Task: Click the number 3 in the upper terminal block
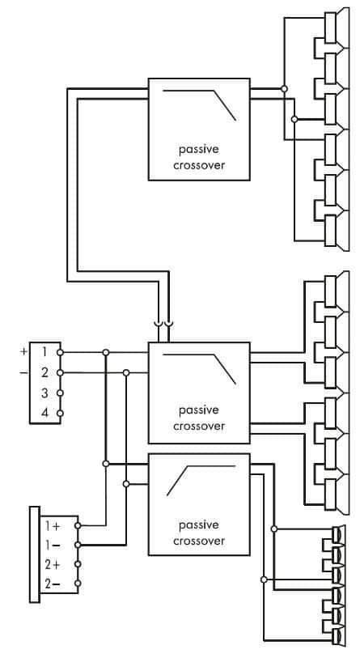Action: pos(44,393)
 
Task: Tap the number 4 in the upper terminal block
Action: pos(44,414)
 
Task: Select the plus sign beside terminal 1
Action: pos(23,352)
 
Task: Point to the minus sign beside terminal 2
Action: pos(23,372)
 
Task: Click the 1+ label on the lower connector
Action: pos(53,526)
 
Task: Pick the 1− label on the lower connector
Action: pos(53,546)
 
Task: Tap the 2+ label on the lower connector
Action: pos(53,564)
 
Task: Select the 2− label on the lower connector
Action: pos(53,584)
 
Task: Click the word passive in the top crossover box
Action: pos(199,150)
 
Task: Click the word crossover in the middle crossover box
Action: pos(199,427)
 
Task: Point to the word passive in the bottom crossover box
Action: pos(199,525)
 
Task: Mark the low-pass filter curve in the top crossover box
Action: pos(199,105)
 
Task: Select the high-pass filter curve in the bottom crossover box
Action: pos(201,481)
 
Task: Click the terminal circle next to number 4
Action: pos(60,414)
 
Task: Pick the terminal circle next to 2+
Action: pos(78,564)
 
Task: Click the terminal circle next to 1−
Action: pos(78,546)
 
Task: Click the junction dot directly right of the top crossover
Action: pos(284,89)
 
